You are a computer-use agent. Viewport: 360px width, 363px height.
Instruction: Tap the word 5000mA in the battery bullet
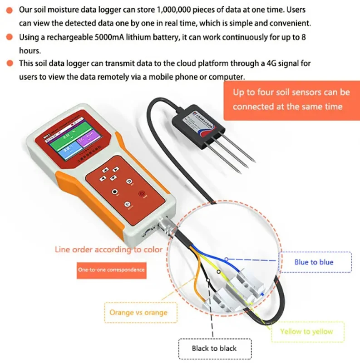point(106,37)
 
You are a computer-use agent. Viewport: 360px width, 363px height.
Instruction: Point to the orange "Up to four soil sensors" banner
point(291,99)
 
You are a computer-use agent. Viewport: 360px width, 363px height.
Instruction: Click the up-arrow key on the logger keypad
point(106,169)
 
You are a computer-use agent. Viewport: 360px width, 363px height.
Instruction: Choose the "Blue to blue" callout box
point(314,262)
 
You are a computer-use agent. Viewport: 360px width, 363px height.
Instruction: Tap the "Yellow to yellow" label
point(306,332)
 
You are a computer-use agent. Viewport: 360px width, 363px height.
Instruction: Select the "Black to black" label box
point(214,348)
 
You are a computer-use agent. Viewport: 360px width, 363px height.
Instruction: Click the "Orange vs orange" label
point(138,313)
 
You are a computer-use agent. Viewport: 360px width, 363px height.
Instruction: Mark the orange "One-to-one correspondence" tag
point(112,270)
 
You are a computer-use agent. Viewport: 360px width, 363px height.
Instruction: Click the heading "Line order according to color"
point(108,249)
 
